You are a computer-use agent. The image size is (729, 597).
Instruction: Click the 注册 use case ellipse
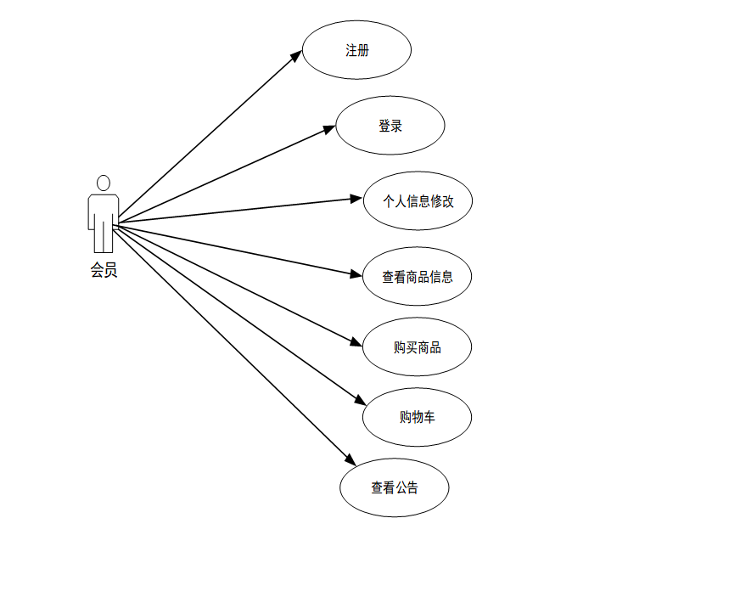356,50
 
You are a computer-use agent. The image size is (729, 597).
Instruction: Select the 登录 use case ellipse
390,126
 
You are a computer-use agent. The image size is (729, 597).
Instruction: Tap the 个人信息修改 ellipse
418,201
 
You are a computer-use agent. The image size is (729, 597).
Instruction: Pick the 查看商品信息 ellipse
417,276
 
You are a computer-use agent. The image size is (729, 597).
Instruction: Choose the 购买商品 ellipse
417,346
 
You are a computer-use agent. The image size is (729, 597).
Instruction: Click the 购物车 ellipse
417,417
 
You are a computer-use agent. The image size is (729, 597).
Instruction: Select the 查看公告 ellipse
394,487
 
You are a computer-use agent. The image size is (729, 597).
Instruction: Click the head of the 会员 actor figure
104,183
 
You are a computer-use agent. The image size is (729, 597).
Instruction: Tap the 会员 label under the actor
104,272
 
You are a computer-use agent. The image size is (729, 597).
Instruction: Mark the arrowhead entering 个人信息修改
357,199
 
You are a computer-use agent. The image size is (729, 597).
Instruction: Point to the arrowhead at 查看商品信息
356,273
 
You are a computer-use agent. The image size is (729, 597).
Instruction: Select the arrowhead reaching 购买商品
357,342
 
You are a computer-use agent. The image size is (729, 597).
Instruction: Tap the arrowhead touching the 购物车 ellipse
360,401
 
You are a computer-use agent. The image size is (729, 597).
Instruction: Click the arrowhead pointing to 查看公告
350,460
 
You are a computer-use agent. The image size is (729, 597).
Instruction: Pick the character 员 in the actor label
110,272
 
